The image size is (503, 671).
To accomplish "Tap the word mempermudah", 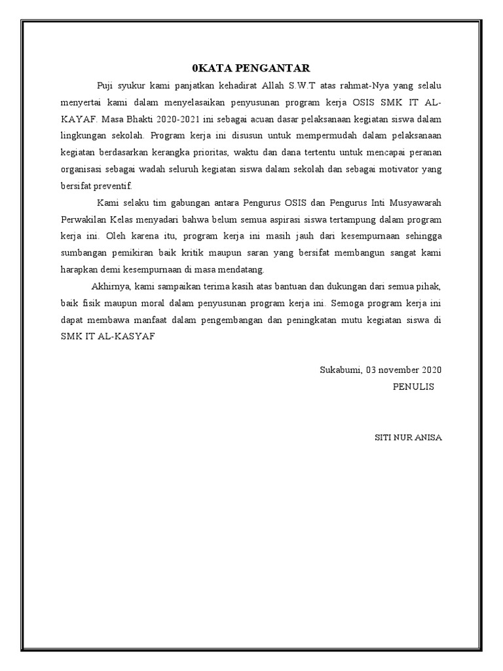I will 308,136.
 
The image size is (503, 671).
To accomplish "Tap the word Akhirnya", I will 112,286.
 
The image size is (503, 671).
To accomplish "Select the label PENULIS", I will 413,387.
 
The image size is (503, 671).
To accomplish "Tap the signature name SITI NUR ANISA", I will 407,438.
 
